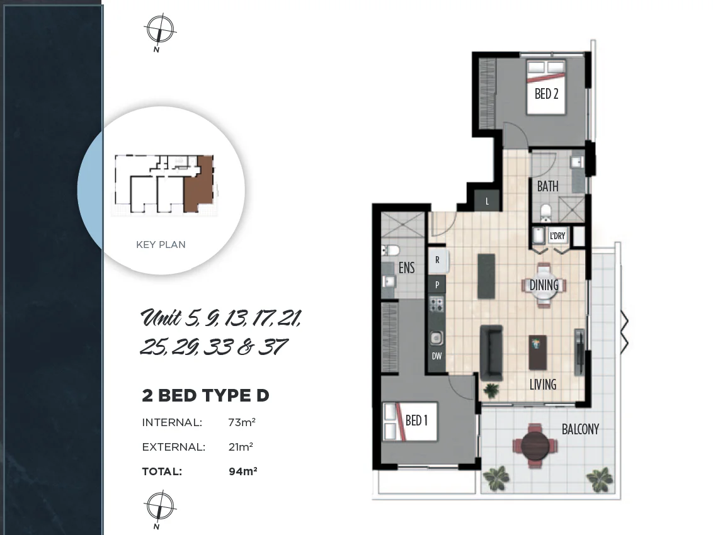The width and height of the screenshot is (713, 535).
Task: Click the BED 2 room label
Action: (546, 94)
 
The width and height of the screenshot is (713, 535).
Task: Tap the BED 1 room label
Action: (416, 420)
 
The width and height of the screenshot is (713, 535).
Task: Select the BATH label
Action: (547, 186)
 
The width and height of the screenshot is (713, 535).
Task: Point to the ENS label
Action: (407, 268)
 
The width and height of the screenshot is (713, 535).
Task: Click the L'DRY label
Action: (557, 236)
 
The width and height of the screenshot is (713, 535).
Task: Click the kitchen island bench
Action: (486, 276)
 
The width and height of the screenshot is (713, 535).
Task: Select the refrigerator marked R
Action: (437, 259)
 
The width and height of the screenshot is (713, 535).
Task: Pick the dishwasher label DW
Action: (436, 356)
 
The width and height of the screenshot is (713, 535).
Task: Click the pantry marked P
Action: (437, 284)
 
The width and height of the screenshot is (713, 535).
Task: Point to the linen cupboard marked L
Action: (488, 201)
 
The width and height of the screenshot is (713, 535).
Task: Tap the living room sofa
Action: (491, 352)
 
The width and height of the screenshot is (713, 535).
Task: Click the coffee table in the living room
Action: (537, 352)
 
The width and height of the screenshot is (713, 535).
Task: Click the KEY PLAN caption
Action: (161, 245)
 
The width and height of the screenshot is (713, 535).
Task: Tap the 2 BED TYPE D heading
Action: (205, 396)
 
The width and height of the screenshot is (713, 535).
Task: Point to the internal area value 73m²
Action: (241, 422)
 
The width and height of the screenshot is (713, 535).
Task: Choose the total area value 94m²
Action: (242, 471)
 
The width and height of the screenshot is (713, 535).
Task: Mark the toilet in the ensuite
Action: (388, 251)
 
